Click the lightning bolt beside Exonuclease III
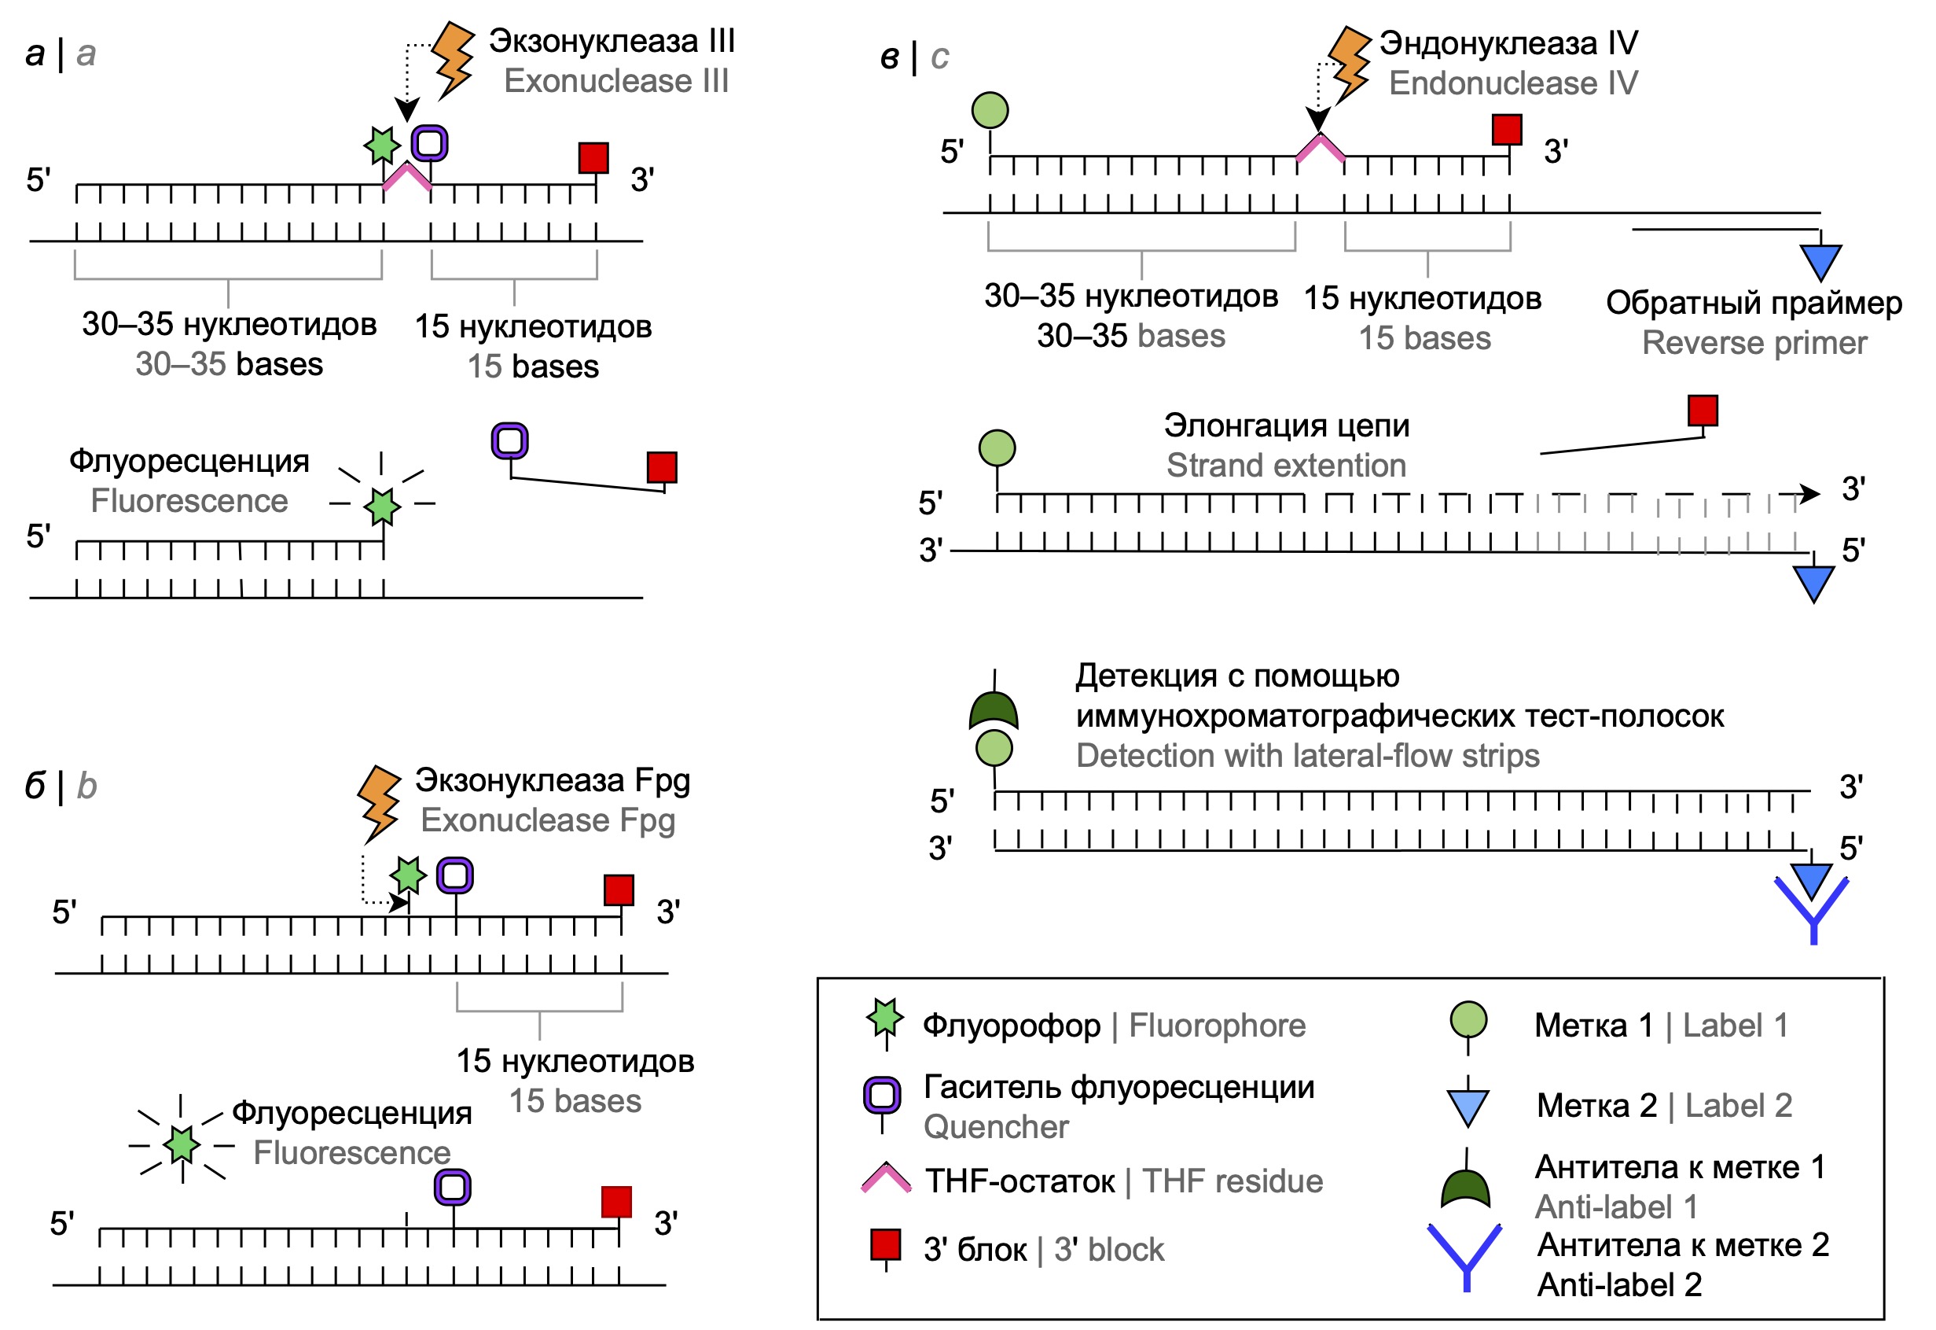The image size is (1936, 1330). [x=454, y=58]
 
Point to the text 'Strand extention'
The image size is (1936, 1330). [x=1285, y=466]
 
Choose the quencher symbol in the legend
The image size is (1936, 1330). [x=882, y=1096]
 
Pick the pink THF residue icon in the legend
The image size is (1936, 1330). [x=886, y=1177]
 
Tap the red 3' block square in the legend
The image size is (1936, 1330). [x=885, y=1244]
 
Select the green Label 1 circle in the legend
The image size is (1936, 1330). [x=1468, y=1020]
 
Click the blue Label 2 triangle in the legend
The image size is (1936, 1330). [x=1468, y=1107]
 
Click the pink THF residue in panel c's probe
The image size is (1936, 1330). [x=1321, y=148]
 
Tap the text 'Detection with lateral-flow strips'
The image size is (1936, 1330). [x=1307, y=756]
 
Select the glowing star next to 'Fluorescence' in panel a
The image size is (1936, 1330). [x=382, y=504]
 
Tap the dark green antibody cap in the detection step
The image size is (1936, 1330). [x=994, y=711]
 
